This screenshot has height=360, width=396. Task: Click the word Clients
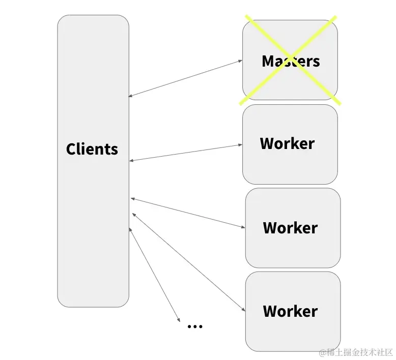pyautogui.click(x=92, y=149)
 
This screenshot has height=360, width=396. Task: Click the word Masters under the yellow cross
pyautogui.click(x=291, y=61)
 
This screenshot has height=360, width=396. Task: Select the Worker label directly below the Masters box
pyautogui.click(x=287, y=143)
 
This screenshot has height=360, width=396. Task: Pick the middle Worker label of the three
pyautogui.click(x=290, y=227)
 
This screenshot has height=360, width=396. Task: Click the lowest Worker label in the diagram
pyautogui.click(x=290, y=311)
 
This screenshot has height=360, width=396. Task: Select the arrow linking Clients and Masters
pyautogui.click(x=186, y=78)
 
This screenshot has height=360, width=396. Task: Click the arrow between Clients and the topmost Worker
pyautogui.click(x=186, y=153)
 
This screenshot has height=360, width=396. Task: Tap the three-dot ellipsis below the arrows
pyautogui.click(x=195, y=326)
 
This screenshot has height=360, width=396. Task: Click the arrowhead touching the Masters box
pyautogui.click(x=240, y=61)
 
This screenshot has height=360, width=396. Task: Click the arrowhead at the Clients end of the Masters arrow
pyautogui.click(x=131, y=95)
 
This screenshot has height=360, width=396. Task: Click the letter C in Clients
pyautogui.click(x=71, y=149)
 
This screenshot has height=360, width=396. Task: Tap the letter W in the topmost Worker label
pyautogui.click(x=268, y=143)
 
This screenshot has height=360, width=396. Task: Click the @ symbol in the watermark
pyautogui.click(x=323, y=352)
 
